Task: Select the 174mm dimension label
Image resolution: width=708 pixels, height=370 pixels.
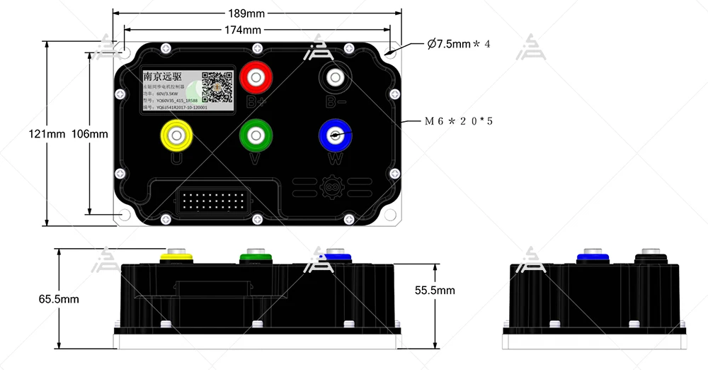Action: pyautogui.click(x=242, y=30)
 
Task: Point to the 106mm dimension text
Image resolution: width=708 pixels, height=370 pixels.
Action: pyautogui.click(x=91, y=134)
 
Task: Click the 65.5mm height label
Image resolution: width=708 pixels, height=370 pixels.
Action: pyautogui.click(x=59, y=299)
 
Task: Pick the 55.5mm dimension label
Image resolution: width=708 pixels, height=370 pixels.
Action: pyautogui.click(x=435, y=290)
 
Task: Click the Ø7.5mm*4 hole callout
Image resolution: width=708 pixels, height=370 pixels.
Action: pyautogui.click(x=459, y=44)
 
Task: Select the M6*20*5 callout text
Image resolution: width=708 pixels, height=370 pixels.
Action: pyautogui.click(x=458, y=121)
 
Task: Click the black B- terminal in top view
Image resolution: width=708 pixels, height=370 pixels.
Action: pyautogui.click(x=335, y=76)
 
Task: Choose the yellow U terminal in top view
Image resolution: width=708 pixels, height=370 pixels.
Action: pyautogui.click(x=176, y=134)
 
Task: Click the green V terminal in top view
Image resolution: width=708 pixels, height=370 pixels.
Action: pyautogui.click(x=256, y=134)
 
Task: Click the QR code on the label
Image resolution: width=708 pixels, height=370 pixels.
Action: pyautogui.click(x=217, y=87)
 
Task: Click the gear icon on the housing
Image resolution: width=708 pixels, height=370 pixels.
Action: pyautogui.click(x=331, y=188)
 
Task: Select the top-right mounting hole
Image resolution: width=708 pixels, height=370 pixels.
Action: pyautogui.click(x=391, y=52)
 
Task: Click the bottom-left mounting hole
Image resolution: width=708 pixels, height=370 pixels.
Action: pyautogui.click(x=126, y=213)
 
